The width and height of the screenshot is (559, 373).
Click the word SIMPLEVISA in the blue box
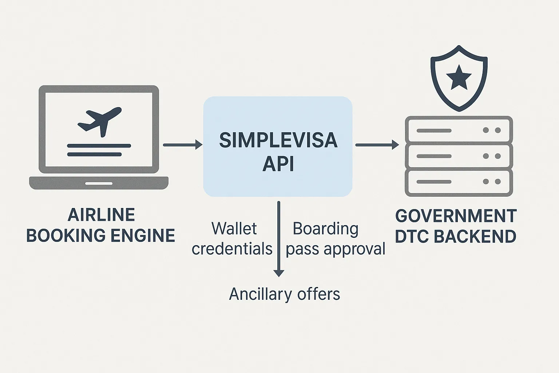(278, 141)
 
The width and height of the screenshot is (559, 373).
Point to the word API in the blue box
(278, 164)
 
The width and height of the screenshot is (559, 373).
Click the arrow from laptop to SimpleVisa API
(182, 145)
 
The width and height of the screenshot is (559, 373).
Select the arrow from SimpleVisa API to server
(377, 145)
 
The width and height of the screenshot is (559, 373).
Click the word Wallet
(234, 229)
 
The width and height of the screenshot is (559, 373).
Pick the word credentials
(232, 249)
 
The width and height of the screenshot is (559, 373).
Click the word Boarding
(325, 229)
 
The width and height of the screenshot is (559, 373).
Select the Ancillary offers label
(284, 294)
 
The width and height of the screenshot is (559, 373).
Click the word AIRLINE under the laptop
(101, 215)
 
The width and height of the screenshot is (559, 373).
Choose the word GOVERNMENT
(456, 216)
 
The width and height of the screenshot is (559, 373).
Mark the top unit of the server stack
(459, 130)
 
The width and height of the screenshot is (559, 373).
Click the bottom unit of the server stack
(459, 182)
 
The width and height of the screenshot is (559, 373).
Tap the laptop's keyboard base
(99, 183)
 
